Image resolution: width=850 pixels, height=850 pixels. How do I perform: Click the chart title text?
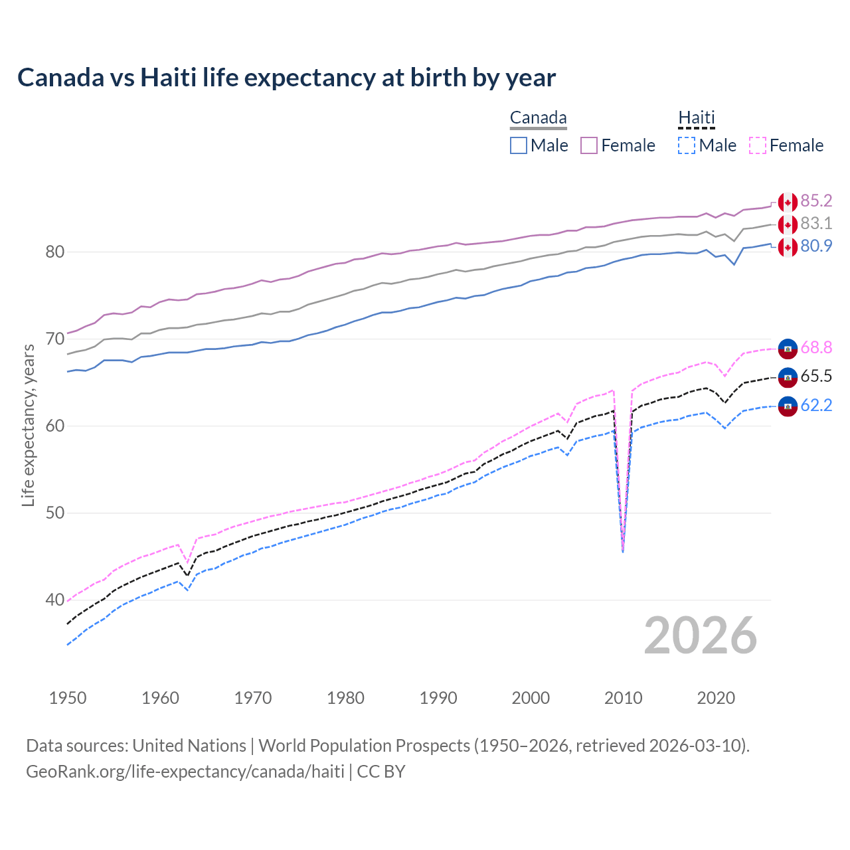(x=286, y=78)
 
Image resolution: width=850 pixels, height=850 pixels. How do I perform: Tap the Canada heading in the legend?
(x=538, y=118)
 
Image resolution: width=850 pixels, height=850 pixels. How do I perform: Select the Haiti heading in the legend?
(x=696, y=118)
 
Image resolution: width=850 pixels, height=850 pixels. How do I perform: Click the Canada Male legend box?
(x=519, y=145)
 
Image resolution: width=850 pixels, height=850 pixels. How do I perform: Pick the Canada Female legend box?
(x=589, y=145)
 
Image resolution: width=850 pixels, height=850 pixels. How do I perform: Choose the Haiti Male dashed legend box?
(x=687, y=145)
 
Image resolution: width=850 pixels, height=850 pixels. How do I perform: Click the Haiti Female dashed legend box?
(x=758, y=145)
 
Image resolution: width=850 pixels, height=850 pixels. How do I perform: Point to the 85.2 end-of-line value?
(x=816, y=201)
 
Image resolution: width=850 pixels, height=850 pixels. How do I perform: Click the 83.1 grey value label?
(x=816, y=224)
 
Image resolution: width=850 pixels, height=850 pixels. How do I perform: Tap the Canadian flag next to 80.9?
(x=788, y=246)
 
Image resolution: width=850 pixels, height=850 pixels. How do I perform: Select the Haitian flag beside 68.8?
(x=788, y=348)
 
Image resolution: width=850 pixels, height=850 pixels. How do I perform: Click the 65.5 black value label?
(x=816, y=377)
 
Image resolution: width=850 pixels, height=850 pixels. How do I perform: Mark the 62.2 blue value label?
(x=816, y=405)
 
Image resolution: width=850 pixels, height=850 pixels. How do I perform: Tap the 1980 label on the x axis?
(x=345, y=698)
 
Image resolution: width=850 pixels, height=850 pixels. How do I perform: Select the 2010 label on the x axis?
(x=623, y=698)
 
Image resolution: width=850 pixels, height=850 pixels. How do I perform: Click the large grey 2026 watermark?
(x=700, y=636)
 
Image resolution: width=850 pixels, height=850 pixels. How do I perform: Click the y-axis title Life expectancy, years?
(x=28, y=425)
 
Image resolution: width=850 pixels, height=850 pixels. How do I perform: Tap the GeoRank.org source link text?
(x=185, y=772)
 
